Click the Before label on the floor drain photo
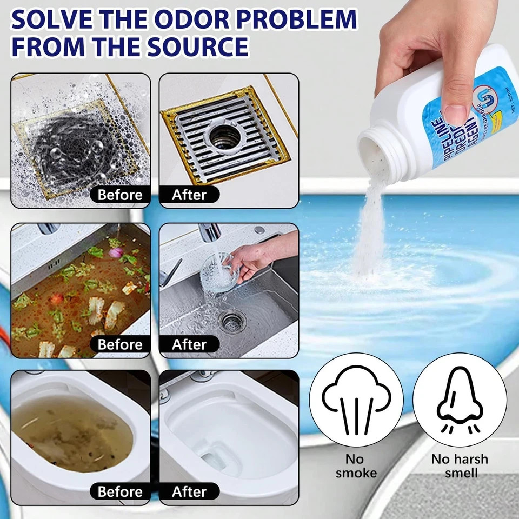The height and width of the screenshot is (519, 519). (120, 195)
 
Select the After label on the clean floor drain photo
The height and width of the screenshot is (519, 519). (189, 195)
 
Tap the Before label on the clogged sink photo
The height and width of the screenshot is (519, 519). (120, 344)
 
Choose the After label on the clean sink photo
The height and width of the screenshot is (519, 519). (189, 344)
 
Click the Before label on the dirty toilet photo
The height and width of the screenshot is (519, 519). (120, 491)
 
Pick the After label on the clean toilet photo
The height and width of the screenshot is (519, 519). (189, 491)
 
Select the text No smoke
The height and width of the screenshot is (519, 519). (356, 466)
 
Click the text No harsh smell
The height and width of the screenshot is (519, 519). (460, 466)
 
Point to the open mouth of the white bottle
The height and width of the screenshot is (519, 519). (378, 154)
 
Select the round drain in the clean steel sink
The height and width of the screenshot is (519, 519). (232, 322)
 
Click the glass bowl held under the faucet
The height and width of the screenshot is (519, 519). (219, 276)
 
